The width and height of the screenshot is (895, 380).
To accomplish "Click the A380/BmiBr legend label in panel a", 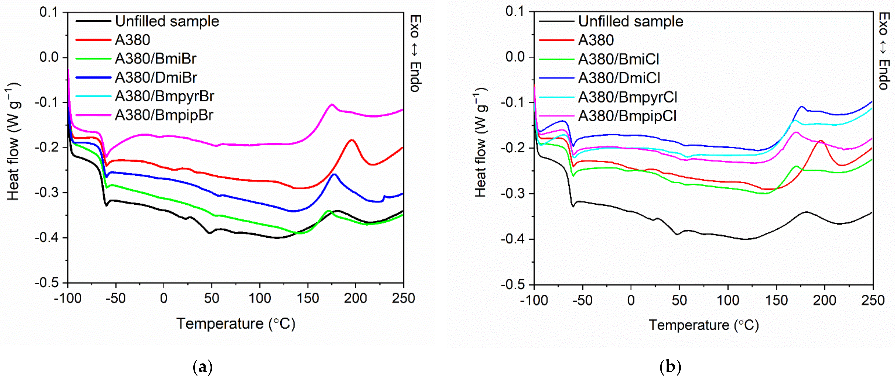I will (155, 59).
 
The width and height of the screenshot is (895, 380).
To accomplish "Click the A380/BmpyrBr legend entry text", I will (164, 96).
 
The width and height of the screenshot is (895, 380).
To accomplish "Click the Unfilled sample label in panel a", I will (167, 21).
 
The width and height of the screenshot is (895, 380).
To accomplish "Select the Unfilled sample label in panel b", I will (631, 21).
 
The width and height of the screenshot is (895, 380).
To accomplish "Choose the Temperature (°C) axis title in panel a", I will (236, 324).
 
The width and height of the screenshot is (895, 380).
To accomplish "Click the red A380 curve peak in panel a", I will (352, 140).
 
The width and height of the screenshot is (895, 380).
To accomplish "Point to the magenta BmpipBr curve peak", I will (332, 105).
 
